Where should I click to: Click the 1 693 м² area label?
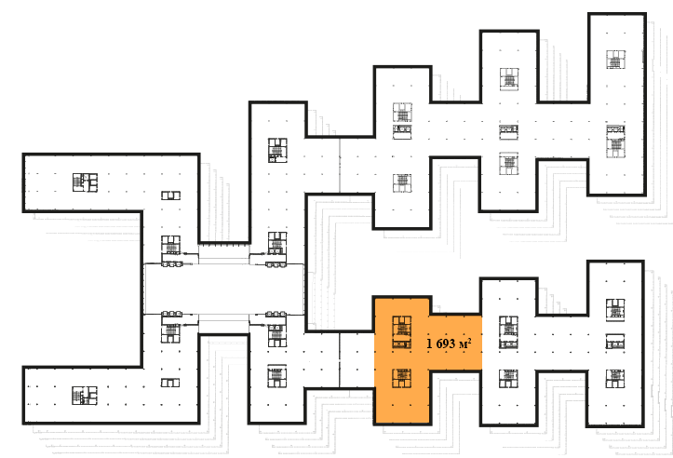coord(449,343)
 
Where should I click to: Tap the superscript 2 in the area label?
coord(470,340)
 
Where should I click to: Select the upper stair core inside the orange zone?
coord(402,331)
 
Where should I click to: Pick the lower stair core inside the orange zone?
coord(402,378)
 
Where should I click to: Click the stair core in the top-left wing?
coord(85,182)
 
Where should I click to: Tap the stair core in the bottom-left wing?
coord(85,396)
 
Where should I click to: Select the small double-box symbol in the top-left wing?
coord(171,195)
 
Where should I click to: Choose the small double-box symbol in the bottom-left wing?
coord(170,383)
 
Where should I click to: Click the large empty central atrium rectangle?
coord(223,289)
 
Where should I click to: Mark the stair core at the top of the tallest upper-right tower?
coord(616,60)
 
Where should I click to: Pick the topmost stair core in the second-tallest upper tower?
coord(509,79)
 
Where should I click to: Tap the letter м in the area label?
coord(464,345)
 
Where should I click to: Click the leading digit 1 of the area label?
coord(429,343)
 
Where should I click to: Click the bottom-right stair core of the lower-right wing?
coord(615,378)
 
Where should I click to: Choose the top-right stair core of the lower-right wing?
coord(615,310)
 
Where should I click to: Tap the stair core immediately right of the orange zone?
coord(508,332)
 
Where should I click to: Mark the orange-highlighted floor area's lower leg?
coord(402,397)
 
